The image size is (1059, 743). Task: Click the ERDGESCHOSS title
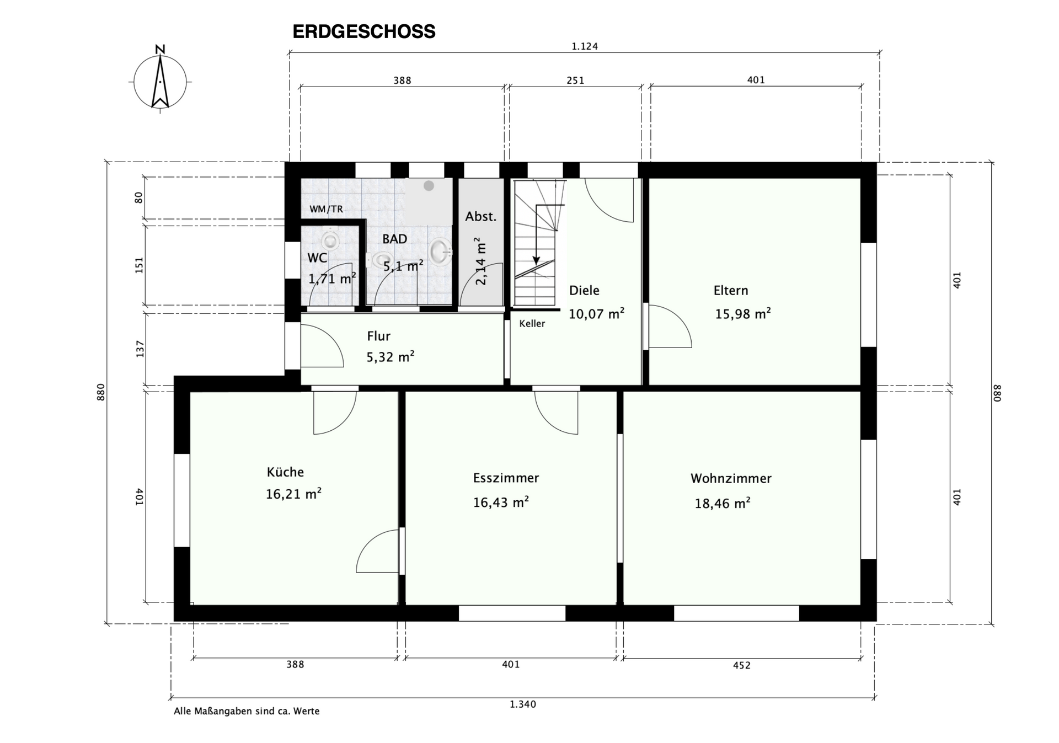(363, 31)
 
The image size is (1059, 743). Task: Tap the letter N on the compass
(160, 49)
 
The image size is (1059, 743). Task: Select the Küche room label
(285, 472)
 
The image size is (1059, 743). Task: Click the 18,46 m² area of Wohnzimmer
(722, 503)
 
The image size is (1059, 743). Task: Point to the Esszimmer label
(506, 478)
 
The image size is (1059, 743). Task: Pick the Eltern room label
(730, 291)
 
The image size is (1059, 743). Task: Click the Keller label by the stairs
(532, 324)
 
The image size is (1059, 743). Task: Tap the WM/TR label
(326, 209)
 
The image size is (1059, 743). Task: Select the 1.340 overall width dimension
(522, 704)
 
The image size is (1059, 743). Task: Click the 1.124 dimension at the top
(584, 46)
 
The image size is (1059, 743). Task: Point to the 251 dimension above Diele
(575, 81)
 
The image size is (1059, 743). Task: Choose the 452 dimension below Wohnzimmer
(741, 665)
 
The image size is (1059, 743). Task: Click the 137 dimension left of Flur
(140, 349)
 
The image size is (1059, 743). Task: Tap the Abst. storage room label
(480, 217)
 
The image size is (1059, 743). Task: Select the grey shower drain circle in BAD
(429, 186)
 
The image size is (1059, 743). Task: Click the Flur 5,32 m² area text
(390, 357)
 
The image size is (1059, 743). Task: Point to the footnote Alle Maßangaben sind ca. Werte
(247, 712)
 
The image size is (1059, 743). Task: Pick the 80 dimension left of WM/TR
(138, 197)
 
